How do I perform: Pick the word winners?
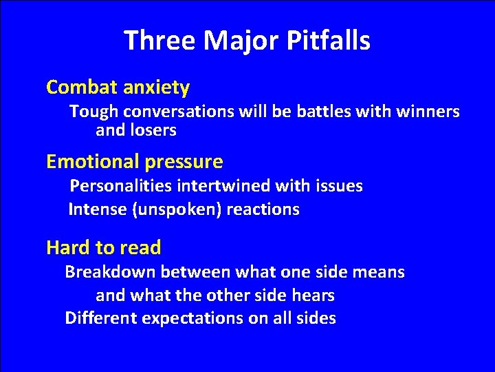click(x=428, y=111)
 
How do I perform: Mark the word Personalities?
click(x=122, y=186)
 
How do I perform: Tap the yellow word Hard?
click(x=67, y=247)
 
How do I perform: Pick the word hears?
click(x=313, y=296)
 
